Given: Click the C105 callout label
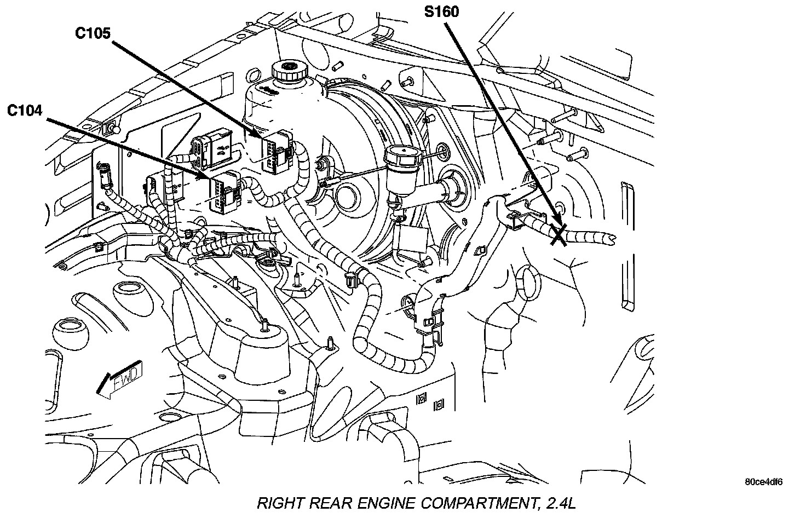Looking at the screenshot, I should pyautogui.click(x=93, y=33).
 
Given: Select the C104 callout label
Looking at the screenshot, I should pyautogui.click(x=25, y=111).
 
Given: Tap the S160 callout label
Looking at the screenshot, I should pyautogui.click(x=442, y=11).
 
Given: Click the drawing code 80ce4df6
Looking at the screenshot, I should pyautogui.click(x=763, y=482).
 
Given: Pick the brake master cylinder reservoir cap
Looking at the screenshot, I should pyautogui.click(x=400, y=156).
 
